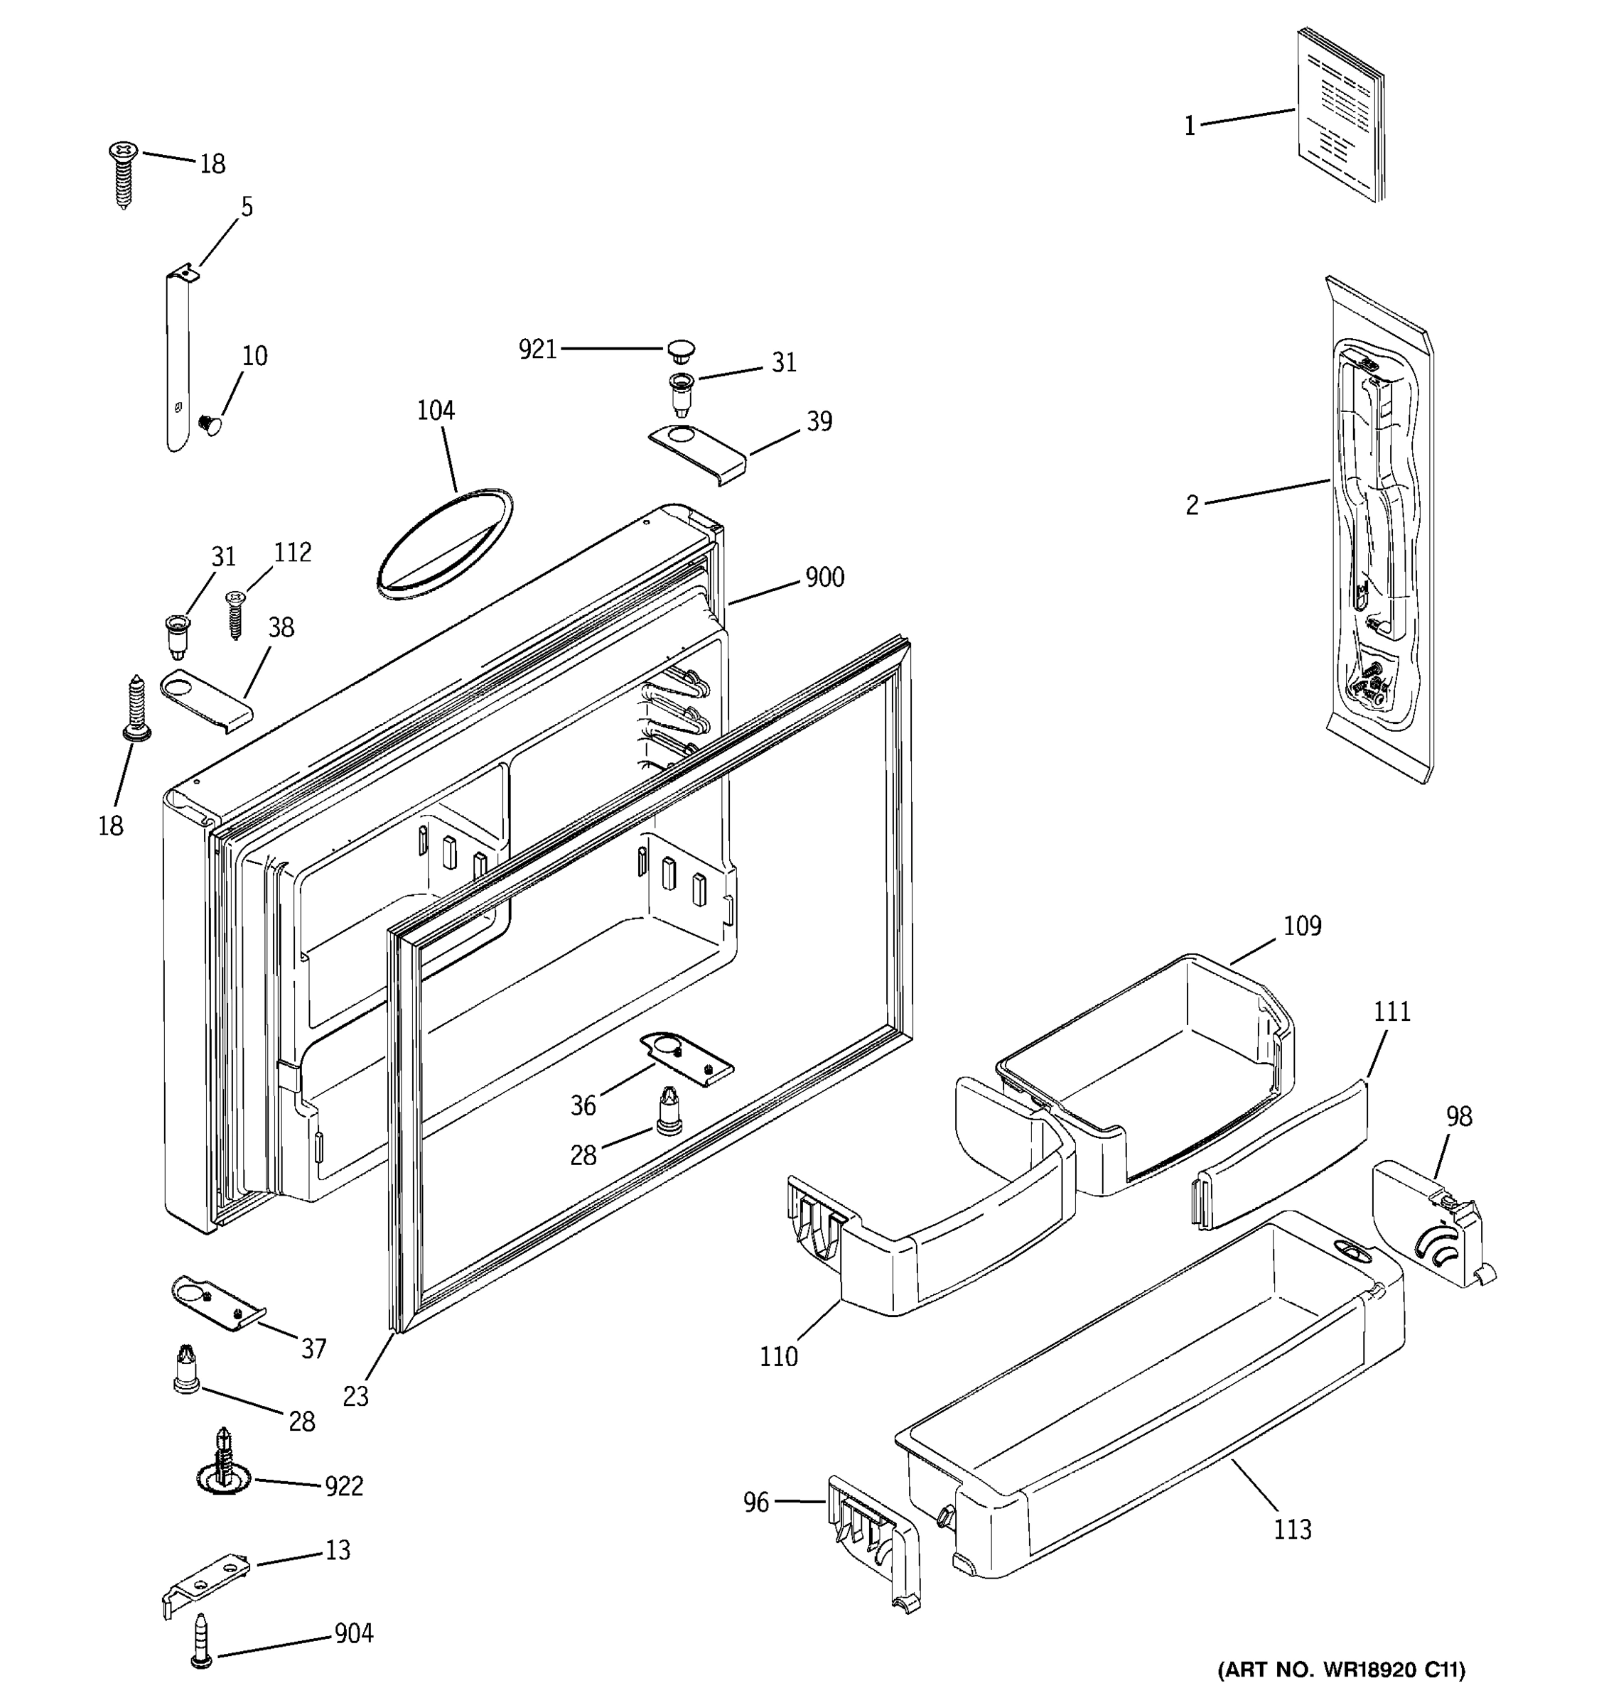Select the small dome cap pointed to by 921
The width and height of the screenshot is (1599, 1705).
point(680,350)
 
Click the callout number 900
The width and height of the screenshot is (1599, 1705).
point(824,577)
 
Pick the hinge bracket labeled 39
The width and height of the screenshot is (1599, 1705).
point(696,452)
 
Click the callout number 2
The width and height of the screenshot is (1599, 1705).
point(1192,506)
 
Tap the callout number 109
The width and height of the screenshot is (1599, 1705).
point(1301,926)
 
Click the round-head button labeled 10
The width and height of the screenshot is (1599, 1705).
point(210,423)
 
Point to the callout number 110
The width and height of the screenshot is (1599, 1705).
point(778,1357)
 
